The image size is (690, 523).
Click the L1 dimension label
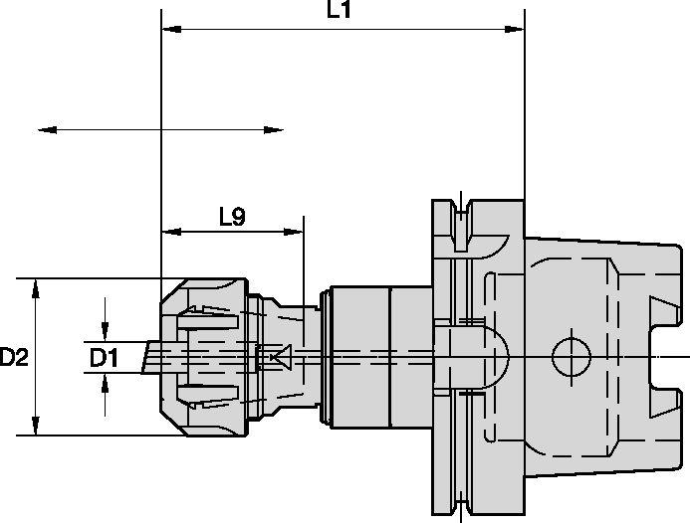tap(339, 11)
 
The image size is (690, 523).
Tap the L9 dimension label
tap(232, 216)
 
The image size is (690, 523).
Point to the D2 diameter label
tap(13, 356)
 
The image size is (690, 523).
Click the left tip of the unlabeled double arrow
tap(42, 129)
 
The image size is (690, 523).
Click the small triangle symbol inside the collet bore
tap(280, 355)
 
